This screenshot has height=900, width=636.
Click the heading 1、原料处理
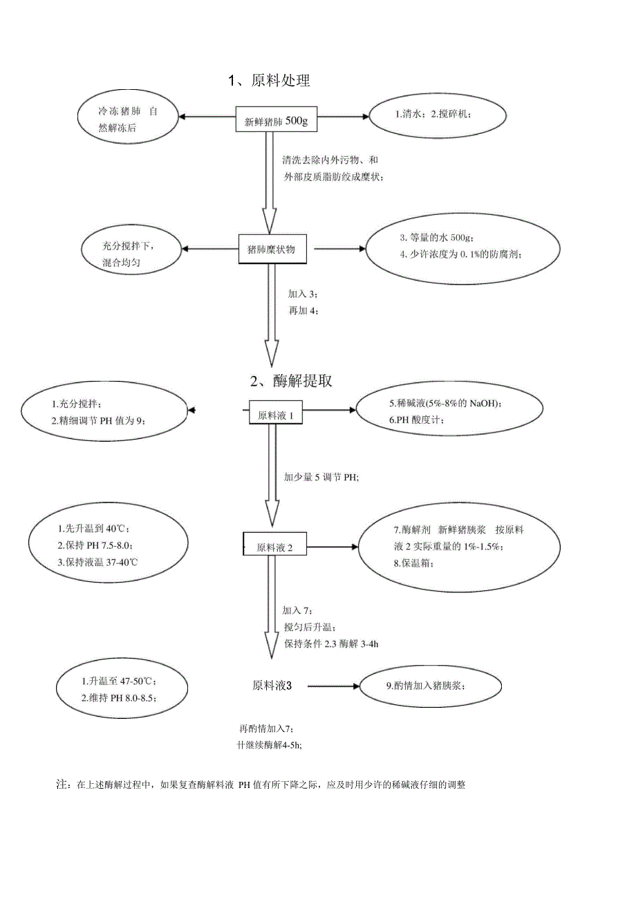coord(269,81)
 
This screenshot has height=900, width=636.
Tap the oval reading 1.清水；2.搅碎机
coord(440,115)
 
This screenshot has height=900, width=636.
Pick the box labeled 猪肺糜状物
coord(274,250)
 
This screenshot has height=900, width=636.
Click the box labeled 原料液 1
coord(275,415)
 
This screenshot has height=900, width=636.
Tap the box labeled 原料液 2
coord(274,547)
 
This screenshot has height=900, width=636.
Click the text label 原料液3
coord(272,686)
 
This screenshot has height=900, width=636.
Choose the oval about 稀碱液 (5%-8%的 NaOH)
coord(446,411)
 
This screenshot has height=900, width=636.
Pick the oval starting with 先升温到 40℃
coord(109,545)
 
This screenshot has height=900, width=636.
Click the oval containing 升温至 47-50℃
coord(123,688)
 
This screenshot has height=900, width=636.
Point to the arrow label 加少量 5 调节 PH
coord(321,478)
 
